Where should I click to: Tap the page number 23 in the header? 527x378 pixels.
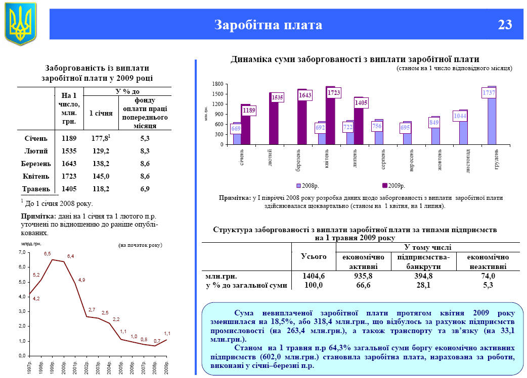point(504,25)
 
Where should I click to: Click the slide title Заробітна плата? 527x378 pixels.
point(268,25)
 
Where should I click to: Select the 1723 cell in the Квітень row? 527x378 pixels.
point(69,176)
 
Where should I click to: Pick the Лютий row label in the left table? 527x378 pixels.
point(36,150)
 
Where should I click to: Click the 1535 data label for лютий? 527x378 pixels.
point(277,97)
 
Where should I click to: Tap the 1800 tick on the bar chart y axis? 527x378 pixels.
point(218,84)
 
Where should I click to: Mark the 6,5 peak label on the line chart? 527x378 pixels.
point(48,253)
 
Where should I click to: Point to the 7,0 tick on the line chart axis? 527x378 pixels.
point(21,252)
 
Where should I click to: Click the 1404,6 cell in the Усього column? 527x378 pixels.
point(314,276)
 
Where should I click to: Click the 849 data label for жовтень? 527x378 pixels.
point(434,122)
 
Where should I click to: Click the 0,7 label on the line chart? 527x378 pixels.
point(157,341)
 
